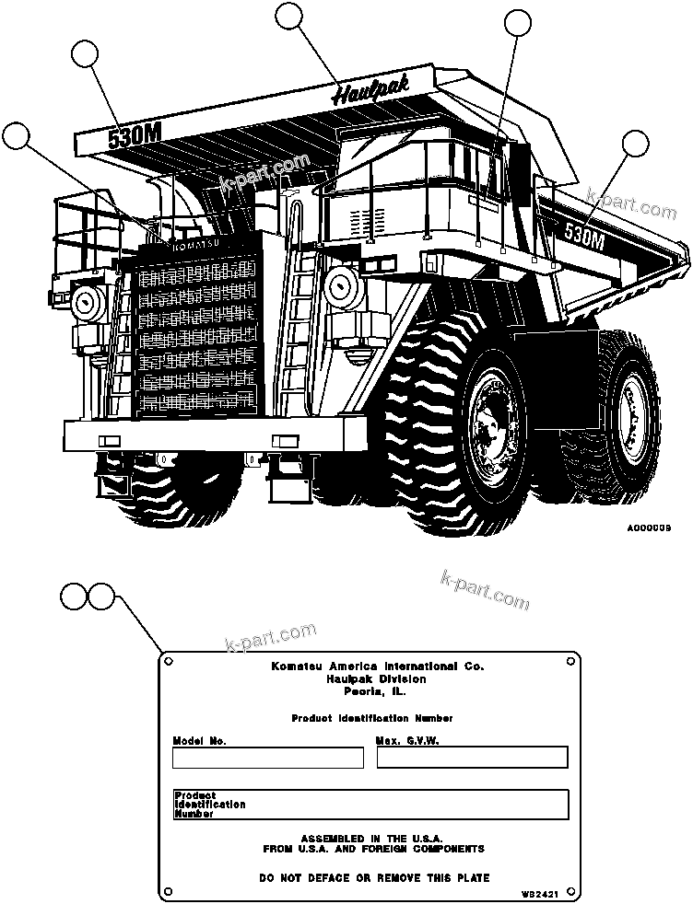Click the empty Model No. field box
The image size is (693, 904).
click(267, 758)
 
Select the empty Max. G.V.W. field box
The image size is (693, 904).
click(472, 758)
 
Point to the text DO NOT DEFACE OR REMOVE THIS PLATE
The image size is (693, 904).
click(374, 877)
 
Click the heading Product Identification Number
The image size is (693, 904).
click(371, 718)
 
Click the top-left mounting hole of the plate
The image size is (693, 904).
click(169, 661)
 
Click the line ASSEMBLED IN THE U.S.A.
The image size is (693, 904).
click(372, 839)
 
